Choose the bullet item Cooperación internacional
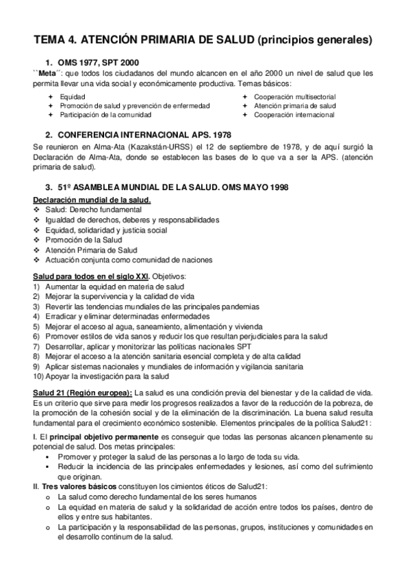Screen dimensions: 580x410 (x=294, y=115)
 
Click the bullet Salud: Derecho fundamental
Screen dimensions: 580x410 (x=94, y=209)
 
